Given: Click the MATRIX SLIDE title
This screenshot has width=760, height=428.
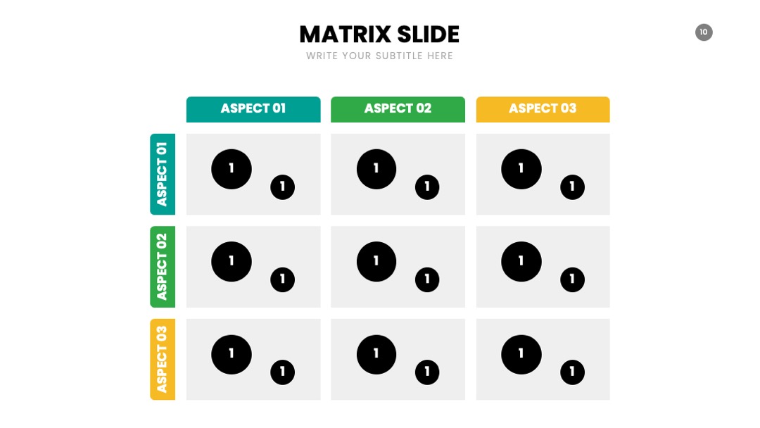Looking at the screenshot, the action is (379, 34).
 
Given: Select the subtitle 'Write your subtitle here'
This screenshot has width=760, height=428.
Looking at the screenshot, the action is (379, 56).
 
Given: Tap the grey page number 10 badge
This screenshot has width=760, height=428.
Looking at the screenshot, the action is (704, 32).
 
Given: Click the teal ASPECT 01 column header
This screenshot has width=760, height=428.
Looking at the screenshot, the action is (253, 109).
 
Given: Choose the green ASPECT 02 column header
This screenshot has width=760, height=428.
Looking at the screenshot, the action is (398, 109).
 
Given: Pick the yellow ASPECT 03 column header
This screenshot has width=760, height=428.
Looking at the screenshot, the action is (543, 109).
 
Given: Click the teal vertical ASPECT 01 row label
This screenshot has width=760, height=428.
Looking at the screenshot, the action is (163, 174).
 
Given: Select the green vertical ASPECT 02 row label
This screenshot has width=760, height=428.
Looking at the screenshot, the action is (163, 267).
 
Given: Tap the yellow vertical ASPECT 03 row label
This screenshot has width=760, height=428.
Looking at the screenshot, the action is (163, 359).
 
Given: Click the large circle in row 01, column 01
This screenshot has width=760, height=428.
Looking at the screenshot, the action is (232, 169).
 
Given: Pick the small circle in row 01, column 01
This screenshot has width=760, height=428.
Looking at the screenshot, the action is (283, 187).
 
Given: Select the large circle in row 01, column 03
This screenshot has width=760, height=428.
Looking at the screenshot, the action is (521, 169).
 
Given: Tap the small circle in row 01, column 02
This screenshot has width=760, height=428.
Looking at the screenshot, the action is (427, 187).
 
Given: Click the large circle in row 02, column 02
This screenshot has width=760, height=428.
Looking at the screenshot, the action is (376, 262).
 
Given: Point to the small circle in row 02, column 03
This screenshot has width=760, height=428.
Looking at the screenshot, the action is (572, 279).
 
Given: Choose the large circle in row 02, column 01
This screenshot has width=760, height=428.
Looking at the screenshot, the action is (232, 262).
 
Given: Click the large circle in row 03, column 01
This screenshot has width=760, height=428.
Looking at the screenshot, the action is (232, 354).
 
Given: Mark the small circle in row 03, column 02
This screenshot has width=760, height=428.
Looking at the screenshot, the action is (427, 372).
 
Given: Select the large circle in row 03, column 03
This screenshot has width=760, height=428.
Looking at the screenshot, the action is (521, 354).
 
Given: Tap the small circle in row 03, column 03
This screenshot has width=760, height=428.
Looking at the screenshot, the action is (572, 372).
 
